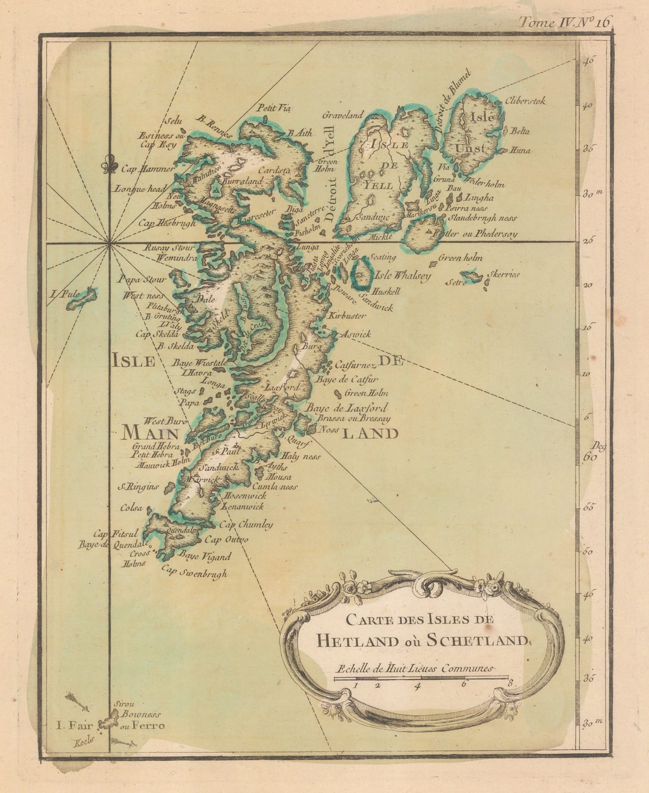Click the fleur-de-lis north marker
coord(106,165)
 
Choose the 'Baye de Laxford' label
coord(346,408)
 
